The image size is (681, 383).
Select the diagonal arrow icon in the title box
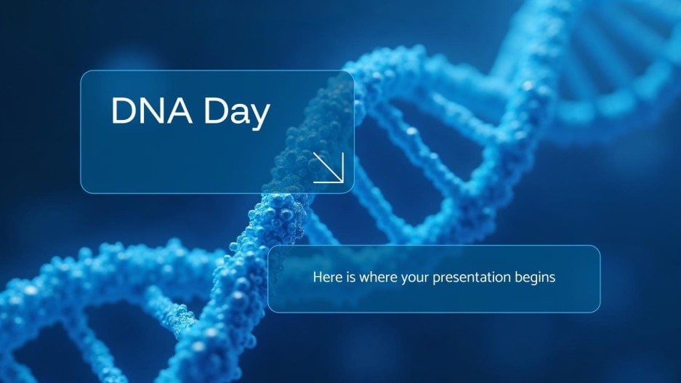(x=328, y=167)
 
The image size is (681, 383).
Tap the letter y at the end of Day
(x=260, y=117)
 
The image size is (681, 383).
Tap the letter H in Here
(x=317, y=278)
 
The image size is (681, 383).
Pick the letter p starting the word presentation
(x=437, y=279)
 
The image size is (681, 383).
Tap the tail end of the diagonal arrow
(x=315, y=154)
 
